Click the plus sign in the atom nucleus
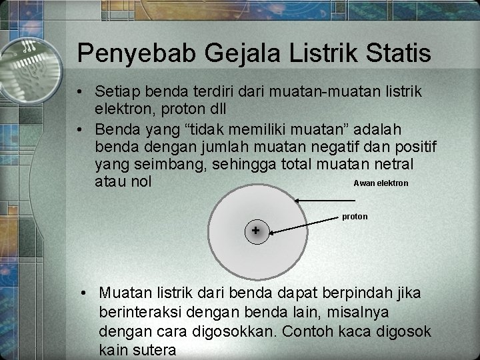tap(256, 231)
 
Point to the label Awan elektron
tap(381, 183)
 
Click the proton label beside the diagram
tap(355, 216)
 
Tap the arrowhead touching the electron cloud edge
tap(299, 200)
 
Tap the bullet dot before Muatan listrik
tap(82, 293)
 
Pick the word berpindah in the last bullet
tap(353, 293)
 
